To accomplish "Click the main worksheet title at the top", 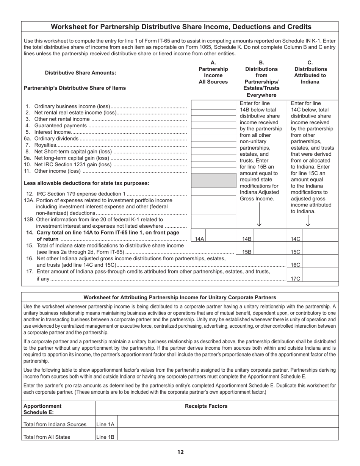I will click(x=181, y=27).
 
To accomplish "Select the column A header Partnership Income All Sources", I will click(x=213, y=72).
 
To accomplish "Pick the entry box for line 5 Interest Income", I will click(x=214, y=131).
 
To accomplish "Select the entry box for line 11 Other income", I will click(x=214, y=170).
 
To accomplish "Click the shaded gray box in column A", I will click(x=214, y=181).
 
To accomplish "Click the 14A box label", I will click(x=199, y=239).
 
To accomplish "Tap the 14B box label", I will click(x=247, y=239).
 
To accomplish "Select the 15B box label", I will click(x=247, y=252).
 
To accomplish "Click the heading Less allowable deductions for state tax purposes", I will click(x=86, y=183).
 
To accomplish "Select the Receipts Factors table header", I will click(x=206, y=406).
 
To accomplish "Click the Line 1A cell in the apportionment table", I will click(x=106, y=425).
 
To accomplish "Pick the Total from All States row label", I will click(x=47, y=437).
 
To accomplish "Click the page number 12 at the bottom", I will click(x=180, y=452).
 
